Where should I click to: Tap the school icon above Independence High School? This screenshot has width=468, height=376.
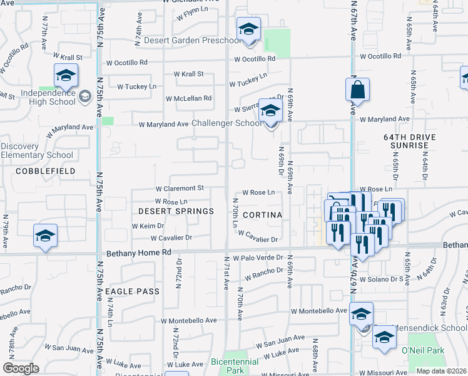point(66,76)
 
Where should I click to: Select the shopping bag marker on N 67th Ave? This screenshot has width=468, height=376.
point(357,90)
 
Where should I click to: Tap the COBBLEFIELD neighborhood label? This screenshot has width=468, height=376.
point(46,170)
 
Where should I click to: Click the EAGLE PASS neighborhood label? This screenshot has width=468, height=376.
point(132,291)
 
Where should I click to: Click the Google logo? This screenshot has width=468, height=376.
point(21,368)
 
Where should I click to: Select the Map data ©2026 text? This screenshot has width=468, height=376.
point(441,371)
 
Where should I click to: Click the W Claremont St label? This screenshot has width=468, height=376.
point(180,188)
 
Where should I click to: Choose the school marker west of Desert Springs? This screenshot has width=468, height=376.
point(46,236)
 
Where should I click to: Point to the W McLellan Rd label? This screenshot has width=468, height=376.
point(188,98)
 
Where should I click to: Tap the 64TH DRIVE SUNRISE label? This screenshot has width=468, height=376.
point(406,140)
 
